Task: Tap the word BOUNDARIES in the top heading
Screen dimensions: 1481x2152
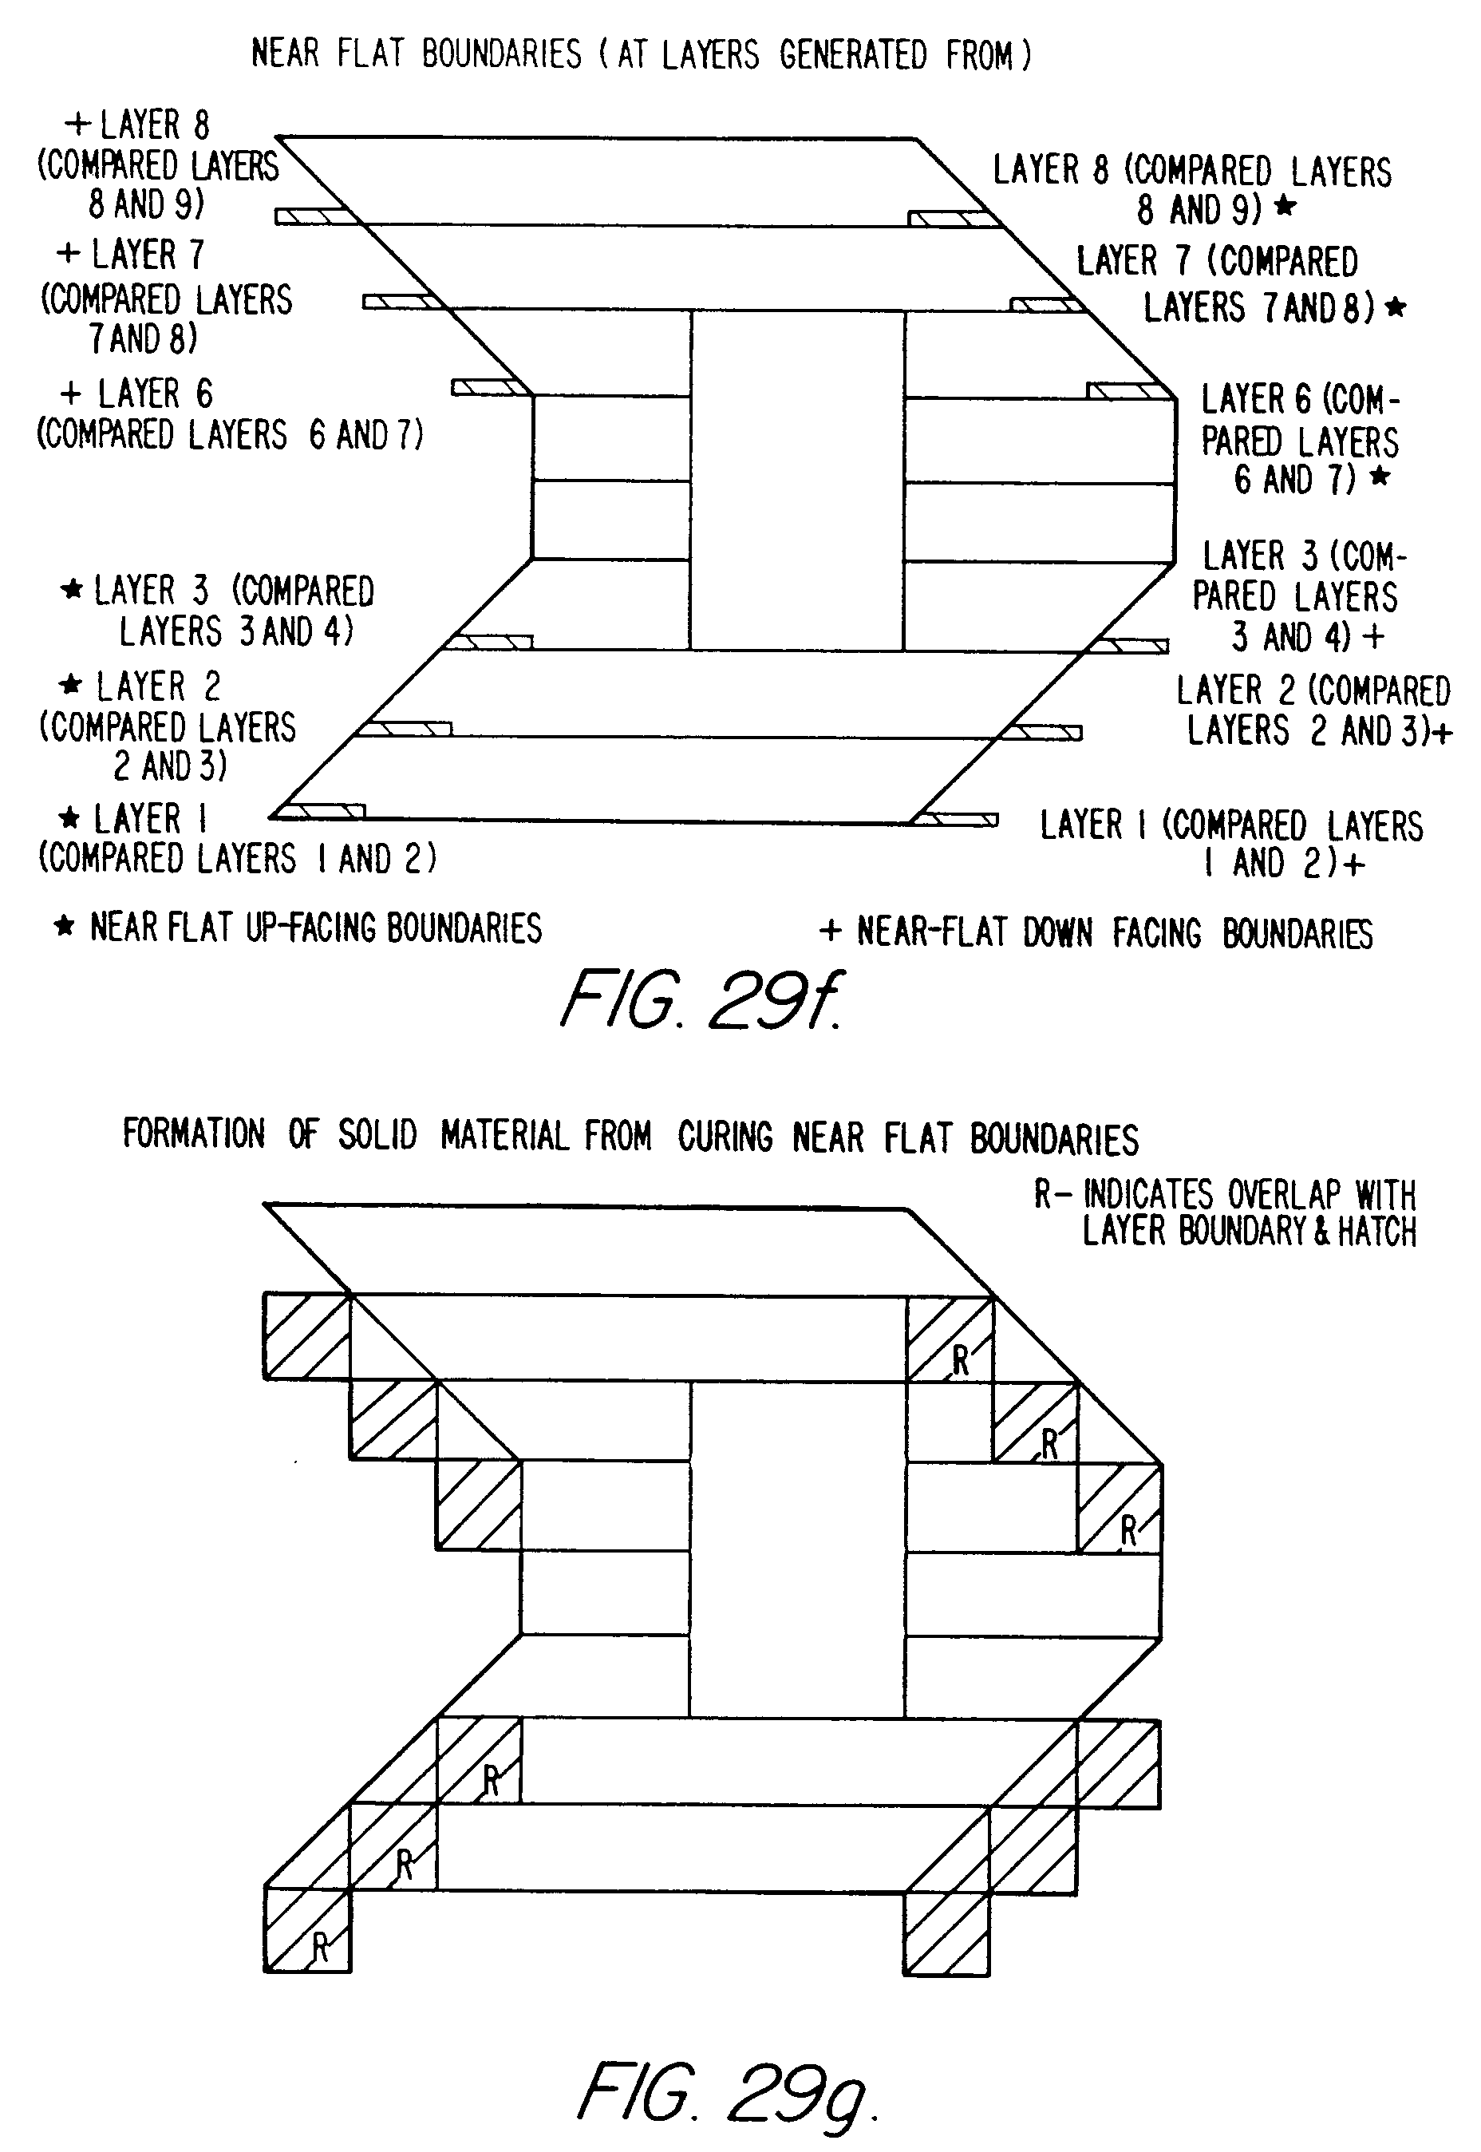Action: pyautogui.click(x=501, y=53)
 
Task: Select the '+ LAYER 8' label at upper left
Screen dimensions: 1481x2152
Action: pyautogui.click(x=137, y=125)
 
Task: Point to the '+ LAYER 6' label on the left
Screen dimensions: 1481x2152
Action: pyautogui.click(x=137, y=394)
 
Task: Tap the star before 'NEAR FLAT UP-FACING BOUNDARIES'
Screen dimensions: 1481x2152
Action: pyautogui.click(x=64, y=925)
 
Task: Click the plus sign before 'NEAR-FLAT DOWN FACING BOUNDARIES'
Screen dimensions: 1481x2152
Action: pyautogui.click(x=830, y=930)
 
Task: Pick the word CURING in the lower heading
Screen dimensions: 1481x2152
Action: pyautogui.click(x=725, y=1136)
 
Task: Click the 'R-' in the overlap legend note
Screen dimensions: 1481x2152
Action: pyautogui.click(x=1052, y=1194)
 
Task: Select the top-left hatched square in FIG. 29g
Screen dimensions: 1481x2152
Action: pyautogui.click(x=306, y=1335)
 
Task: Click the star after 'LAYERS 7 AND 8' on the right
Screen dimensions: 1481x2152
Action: pyautogui.click(x=1395, y=307)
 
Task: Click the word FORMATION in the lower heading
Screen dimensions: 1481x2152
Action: pyautogui.click(x=193, y=1134)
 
